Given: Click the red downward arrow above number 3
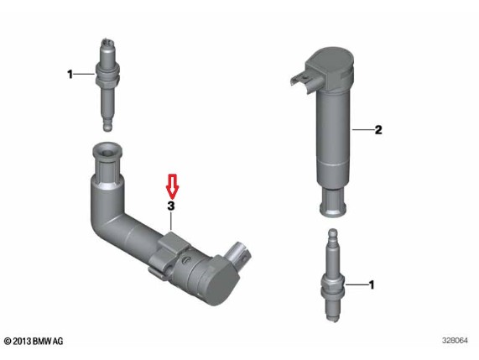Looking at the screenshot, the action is pos(173,185).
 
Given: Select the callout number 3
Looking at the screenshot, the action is pos(171,206).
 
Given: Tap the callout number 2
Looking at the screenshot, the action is pos(378,130).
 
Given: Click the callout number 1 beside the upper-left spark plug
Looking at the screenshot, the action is pos(70,74).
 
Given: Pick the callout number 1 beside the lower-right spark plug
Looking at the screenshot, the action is pos(372,284).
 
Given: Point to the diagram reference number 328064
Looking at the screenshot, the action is pos(455,341).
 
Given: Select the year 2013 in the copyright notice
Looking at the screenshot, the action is pos(22,341).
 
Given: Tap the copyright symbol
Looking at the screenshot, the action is pos(8,341).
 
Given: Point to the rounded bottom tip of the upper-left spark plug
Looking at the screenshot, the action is pos(107,126).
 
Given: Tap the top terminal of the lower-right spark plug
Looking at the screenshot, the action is pos(332,234).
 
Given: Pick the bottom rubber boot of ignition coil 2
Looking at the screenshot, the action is pos(333,202).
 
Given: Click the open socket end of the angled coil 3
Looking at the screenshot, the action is pos(107,152).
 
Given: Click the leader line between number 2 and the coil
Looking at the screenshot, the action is pos(363,130).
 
